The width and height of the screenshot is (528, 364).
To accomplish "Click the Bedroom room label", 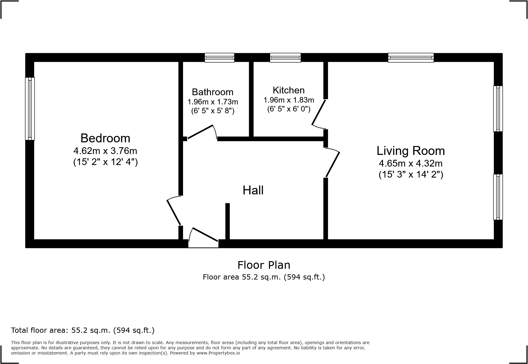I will pos(105,138).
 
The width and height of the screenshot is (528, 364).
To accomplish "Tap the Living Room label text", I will pos(411,151).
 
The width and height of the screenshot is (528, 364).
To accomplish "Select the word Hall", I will pos(253,190).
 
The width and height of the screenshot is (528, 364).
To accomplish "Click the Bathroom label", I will pos(212,92).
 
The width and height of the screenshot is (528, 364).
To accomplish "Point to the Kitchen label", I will pos(289,90).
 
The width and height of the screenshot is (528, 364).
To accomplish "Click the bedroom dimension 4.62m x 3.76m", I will pos(105,151).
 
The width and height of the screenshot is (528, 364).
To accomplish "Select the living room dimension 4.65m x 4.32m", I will pos(411,163).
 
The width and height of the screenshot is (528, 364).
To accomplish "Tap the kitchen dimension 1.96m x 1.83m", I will pos(289,100).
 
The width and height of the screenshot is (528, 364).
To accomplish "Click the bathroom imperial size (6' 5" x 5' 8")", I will pos(212,111).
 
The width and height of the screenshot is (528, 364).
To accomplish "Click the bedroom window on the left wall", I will pos(30,109).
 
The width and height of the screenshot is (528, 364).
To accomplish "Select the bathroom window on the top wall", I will pos(219,58).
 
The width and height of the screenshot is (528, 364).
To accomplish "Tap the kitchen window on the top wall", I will pos(285,58).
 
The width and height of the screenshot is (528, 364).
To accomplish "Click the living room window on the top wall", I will pos(411,58).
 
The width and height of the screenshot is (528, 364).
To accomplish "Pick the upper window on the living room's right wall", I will pos(498,109).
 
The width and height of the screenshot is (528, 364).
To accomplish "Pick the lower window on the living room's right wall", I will pos(498,197).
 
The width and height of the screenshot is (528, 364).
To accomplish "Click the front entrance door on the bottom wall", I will pos(204,239).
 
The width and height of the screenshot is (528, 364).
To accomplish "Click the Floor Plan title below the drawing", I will pos(264,265).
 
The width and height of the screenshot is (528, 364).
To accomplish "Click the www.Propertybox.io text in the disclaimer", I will pos(218,353).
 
